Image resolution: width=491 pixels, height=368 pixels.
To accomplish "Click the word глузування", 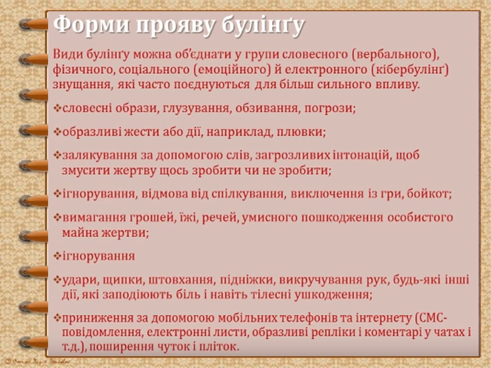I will (162, 108).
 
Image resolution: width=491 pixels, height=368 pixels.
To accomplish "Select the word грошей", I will (131, 217).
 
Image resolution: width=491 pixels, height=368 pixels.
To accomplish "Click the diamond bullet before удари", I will (57, 281).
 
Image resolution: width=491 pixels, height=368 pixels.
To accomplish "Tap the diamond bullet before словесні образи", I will (57, 109).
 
